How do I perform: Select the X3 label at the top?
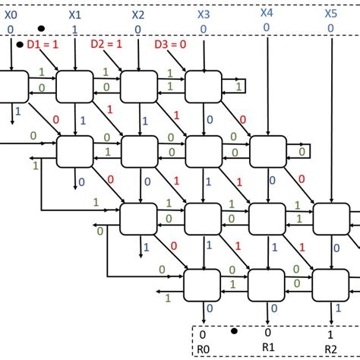coord(204,14)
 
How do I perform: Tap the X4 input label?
coord(267,12)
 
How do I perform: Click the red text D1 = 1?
coord(44,45)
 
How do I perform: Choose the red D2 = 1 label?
coord(107,45)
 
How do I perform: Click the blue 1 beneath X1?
coord(74,29)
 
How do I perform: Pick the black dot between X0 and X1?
coord(41,30)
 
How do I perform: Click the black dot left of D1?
coord(19,45)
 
